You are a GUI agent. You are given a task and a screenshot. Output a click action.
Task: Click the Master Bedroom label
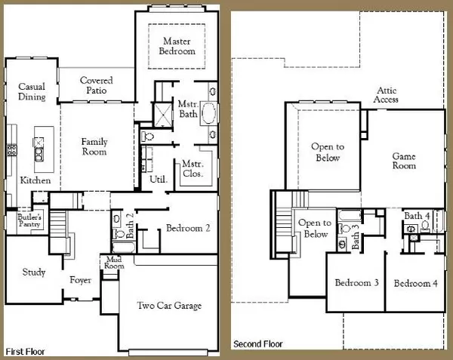(177, 46)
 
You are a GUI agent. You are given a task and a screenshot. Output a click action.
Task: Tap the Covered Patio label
(97, 85)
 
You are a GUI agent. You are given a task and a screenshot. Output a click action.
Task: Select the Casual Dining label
(32, 92)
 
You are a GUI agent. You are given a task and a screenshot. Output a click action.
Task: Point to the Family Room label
(94, 146)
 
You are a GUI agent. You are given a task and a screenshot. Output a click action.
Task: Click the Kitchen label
(35, 181)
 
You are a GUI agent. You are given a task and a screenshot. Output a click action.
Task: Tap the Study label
(32, 272)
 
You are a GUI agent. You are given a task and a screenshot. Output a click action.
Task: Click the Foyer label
(81, 280)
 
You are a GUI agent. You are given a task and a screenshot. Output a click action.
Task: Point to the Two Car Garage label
(169, 306)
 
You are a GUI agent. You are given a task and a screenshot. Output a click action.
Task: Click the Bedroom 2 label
(188, 227)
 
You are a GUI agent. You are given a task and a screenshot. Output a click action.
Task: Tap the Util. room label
(159, 180)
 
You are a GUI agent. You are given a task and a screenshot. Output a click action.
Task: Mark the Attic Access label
(388, 94)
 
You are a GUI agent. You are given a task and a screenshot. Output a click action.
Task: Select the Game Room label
(404, 161)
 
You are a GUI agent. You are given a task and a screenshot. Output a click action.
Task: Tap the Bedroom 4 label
(415, 283)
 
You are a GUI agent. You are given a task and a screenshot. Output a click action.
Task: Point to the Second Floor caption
(257, 344)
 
